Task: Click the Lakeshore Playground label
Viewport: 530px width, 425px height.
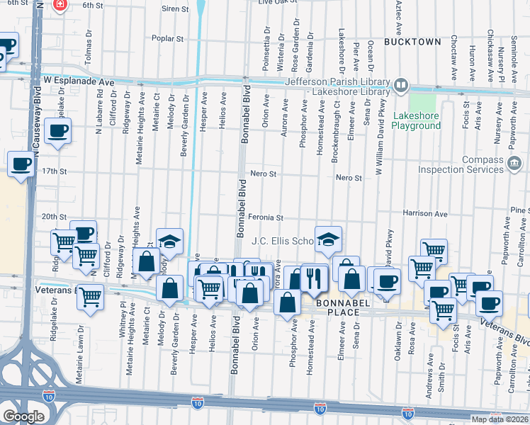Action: pos(417,120)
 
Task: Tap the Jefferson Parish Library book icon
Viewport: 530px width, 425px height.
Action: pos(401,86)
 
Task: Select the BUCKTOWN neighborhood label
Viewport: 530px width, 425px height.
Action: pos(412,42)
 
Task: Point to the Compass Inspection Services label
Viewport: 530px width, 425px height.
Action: pos(470,164)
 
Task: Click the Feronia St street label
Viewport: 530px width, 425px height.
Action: pos(266,217)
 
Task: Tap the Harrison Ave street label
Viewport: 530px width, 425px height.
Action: pos(425,213)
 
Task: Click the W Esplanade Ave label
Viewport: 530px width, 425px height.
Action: pos(79,82)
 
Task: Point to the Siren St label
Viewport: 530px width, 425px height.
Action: pos(176,9)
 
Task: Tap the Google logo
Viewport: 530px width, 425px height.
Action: pos(23,416)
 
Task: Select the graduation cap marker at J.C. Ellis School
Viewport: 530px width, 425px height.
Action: pos(328,239)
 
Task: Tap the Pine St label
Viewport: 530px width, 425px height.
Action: pos(519,210)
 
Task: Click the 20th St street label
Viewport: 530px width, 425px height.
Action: pos(53,217)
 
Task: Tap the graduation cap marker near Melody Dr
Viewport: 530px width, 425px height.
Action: pos(170,242)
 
